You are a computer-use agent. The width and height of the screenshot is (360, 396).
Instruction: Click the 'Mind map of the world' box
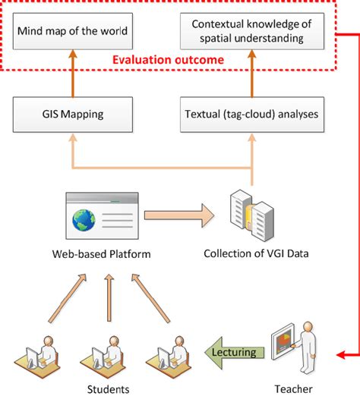[73, 31]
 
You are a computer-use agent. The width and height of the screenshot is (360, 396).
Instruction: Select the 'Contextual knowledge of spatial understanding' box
[252, 31]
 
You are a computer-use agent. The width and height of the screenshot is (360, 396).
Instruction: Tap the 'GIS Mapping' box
[73, 115]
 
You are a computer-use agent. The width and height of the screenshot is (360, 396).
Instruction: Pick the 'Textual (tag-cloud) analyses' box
[252, 115]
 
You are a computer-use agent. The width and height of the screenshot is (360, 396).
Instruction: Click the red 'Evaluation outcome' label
[168, 60]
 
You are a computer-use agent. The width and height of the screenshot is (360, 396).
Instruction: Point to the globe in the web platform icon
[84, 220]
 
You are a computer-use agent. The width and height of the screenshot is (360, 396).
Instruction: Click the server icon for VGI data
[252, 215]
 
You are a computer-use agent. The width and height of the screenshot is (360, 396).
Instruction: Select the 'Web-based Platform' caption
[101, 254]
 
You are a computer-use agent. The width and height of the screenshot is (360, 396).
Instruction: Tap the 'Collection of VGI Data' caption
[256, 253]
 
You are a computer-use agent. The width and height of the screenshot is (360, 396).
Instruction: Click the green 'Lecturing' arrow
[234, 353]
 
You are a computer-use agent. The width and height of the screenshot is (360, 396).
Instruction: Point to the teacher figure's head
[308, 328]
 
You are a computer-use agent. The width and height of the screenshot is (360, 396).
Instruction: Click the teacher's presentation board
[283, 341]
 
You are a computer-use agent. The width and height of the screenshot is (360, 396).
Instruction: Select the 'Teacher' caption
[293, 389]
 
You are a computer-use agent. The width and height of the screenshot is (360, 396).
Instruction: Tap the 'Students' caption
[108, 389]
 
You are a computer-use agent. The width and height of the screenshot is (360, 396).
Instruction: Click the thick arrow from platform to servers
[179, 215]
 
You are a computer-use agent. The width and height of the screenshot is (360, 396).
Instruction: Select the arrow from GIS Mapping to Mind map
[73, 74]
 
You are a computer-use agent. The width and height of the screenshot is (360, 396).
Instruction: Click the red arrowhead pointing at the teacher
[340, 355]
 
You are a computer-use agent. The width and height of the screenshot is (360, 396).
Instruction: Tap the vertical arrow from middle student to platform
[109, 297]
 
